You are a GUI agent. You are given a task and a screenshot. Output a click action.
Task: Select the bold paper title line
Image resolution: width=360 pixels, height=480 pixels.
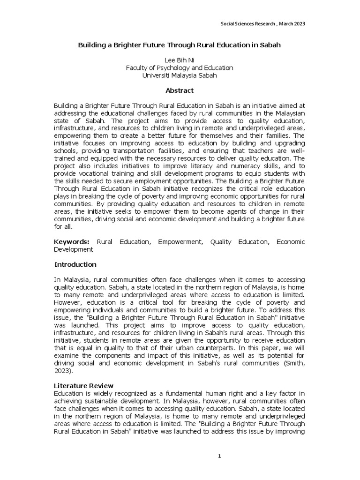click(180, 47)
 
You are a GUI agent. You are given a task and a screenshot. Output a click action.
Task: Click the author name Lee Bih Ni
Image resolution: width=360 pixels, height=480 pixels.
click(180, 60)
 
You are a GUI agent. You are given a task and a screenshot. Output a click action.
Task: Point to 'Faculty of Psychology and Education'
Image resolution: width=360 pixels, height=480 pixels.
click(180, 68)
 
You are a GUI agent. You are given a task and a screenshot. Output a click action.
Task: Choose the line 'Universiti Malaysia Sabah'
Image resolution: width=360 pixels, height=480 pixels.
click(180, 75)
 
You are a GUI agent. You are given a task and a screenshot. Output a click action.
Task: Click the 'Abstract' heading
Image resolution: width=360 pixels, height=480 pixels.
click(180, 90)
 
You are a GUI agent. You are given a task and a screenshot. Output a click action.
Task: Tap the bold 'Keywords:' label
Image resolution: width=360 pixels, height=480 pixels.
click(72, 242)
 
